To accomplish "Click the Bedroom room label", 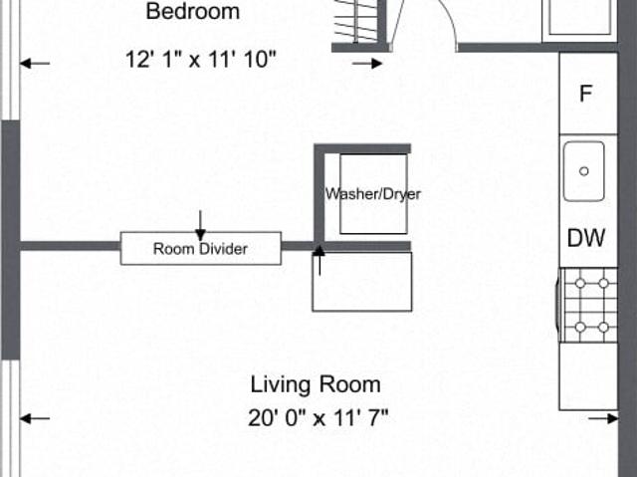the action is (x=192, y=11).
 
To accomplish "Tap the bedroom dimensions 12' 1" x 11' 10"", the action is (x=201, y=60).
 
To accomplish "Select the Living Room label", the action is (x=316, y=384).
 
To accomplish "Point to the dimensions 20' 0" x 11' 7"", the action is (x=318, y=417).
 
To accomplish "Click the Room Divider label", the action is (x=200, y=249).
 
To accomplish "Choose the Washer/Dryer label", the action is (x=373, y=194).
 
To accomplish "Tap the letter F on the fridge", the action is (x=585, y=94).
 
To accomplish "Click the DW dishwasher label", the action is (x=586, y=238).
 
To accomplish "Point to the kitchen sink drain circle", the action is (x=584, y=171).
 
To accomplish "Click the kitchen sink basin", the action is (x=584, y=171).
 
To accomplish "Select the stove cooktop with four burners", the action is (x=589, y=305).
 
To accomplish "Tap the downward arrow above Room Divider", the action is (x=200, y=225).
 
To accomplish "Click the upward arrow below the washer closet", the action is (x=319, y=261).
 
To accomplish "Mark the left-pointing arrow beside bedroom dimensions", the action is (x=35, y=63).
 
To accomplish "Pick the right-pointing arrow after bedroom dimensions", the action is (x=367, y=63).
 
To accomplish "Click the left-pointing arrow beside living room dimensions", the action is (x=35, y=418).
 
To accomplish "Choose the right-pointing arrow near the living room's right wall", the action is (x=603, y=418).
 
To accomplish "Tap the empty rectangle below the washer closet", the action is (x=362, y=282).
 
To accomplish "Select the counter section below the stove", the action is (x=589, y=376).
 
